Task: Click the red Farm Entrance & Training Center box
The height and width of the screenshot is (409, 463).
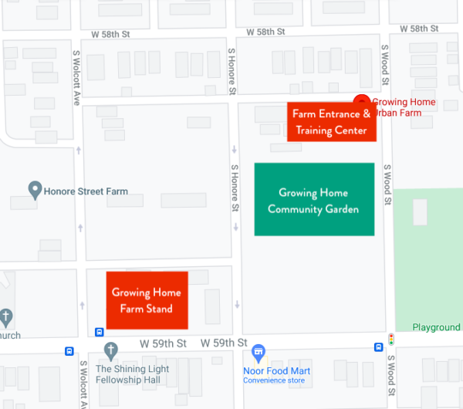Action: [331, 122]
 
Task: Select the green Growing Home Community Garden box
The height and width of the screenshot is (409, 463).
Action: [314, 200]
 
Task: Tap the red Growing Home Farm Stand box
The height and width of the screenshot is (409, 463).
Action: [147, 300]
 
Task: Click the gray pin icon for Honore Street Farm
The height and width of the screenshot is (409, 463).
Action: [34, 190]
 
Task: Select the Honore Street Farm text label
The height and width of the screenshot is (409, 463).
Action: [86, 191]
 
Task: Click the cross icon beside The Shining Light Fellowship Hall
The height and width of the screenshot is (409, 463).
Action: [110, 351]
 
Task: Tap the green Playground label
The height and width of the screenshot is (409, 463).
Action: [435, 327]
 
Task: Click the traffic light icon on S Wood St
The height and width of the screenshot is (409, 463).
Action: [391, 339]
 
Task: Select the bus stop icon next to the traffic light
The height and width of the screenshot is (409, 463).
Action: [378, 346]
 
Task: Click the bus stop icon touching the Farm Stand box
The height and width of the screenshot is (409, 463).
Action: [100, 333]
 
